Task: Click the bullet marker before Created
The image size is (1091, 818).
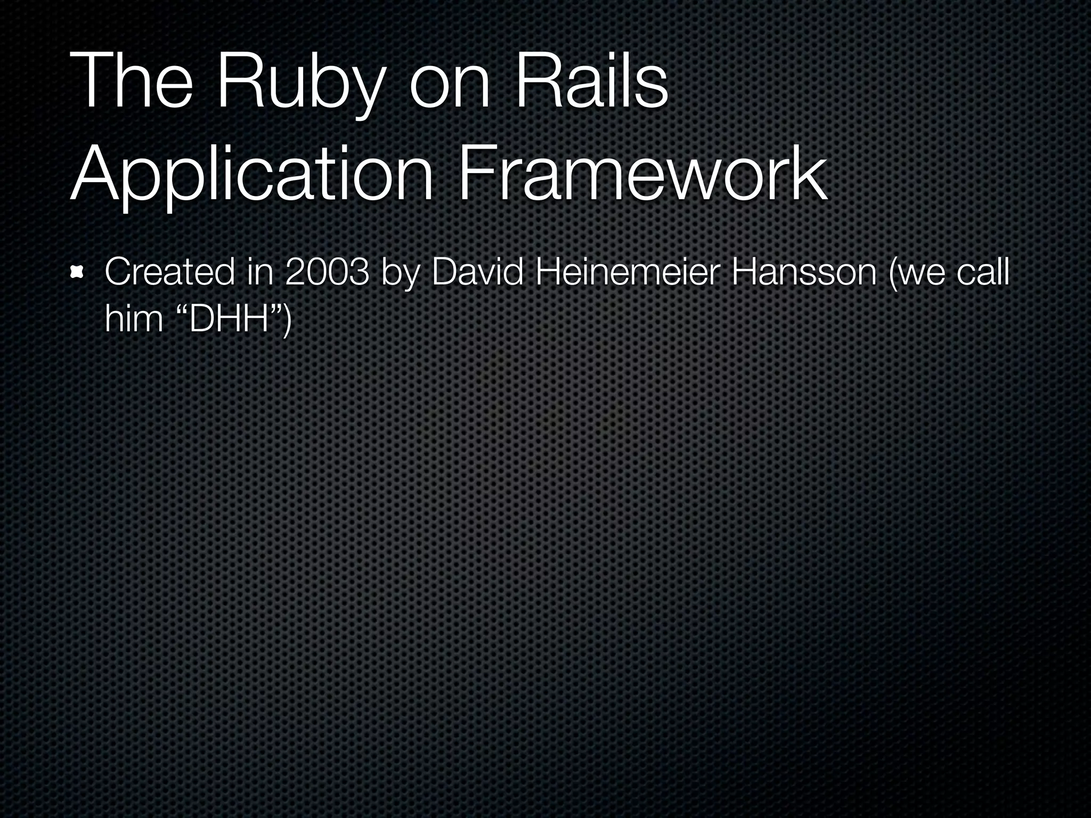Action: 77,273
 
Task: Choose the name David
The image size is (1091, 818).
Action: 477,272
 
